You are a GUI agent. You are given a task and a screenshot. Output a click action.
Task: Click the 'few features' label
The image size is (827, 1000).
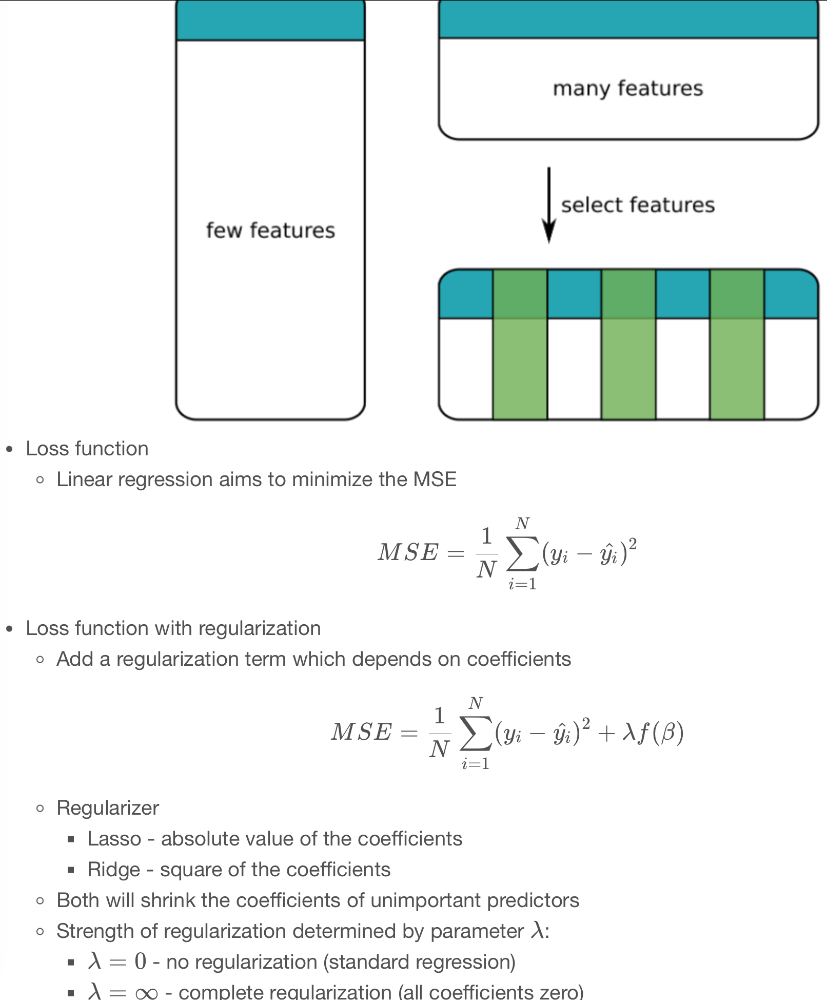pyautogui.click(x=270, y=230)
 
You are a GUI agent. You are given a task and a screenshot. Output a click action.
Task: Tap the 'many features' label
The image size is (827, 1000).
pyautogui.click(x=627, y=88)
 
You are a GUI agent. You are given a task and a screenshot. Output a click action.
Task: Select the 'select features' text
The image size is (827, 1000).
pyautogui.click(x=637, y=205)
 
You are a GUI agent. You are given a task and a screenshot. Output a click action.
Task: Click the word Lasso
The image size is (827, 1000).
pyautogui.click(x=114, y=839)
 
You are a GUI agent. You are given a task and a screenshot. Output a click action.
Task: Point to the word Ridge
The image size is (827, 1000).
pyautogui.click(x=113, y=870)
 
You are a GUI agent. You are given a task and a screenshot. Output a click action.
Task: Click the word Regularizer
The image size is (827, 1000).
pyautogui.click(x=108, y=808)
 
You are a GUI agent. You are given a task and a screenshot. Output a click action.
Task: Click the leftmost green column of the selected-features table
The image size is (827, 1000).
pyautogui.click(x=520, y=344)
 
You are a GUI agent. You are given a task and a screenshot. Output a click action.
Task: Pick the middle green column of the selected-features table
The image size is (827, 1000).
pyautogui.click(x=628, y=344)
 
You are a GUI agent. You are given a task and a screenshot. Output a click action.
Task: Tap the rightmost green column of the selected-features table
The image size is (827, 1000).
pyautogui.click(x=737, y=344)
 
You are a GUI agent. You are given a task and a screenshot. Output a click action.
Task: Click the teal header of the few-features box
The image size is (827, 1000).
pyautogui.click(x=270, y=21)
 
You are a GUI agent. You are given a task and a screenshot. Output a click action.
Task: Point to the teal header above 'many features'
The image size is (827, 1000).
pyautogui.click(x=627, y=19)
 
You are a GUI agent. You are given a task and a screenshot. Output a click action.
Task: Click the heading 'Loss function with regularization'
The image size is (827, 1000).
pyautogui.click(x=173, y=628)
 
